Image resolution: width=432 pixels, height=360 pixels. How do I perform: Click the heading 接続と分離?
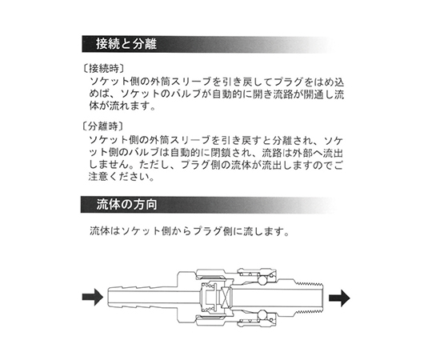pyautogui.click(x=126, y=44)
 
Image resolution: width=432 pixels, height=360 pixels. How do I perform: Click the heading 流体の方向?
pyautogui.click(x=126, y=205)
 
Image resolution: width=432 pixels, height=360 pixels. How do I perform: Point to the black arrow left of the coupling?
pyautogui.click(x=93, y=297)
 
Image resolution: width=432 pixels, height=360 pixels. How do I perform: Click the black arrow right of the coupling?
pyautogui.click(x=339, y=298)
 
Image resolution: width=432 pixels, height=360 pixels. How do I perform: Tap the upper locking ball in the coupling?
pyautogui.click(x=262, y=280)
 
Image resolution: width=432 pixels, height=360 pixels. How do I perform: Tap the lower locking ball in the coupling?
pyautogui.click(x=262, y=314)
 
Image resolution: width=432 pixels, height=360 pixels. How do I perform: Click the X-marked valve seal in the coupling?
pyautogui.click(x=225, y=297)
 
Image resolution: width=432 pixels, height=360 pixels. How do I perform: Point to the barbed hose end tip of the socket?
pyautogui.click(x=108, y=297)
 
